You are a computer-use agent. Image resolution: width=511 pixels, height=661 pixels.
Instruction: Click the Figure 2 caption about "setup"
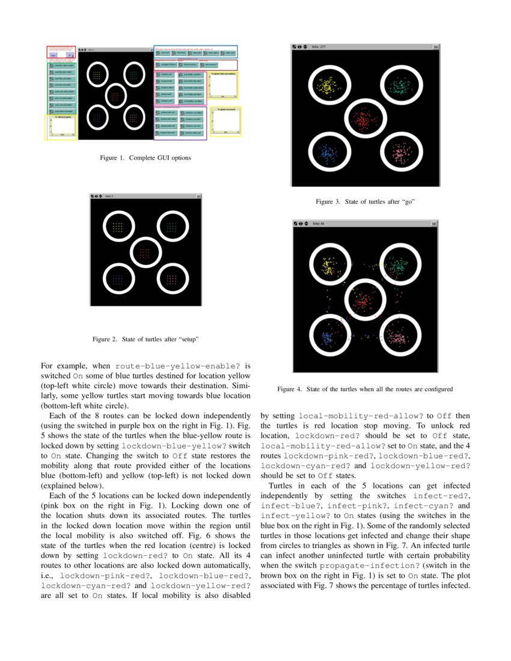tap(145, 340)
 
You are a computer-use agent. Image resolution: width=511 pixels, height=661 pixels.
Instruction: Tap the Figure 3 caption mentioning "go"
tap(366, 201)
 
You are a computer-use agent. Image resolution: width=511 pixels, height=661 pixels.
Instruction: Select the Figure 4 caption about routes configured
tap(365, 389)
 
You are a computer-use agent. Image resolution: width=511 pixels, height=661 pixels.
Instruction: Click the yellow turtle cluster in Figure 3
tap(329, 85)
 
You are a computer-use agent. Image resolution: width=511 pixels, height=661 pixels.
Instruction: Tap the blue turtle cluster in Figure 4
tap(329, 336)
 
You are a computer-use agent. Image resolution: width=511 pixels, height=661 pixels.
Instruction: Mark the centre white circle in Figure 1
tap(115, 96)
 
